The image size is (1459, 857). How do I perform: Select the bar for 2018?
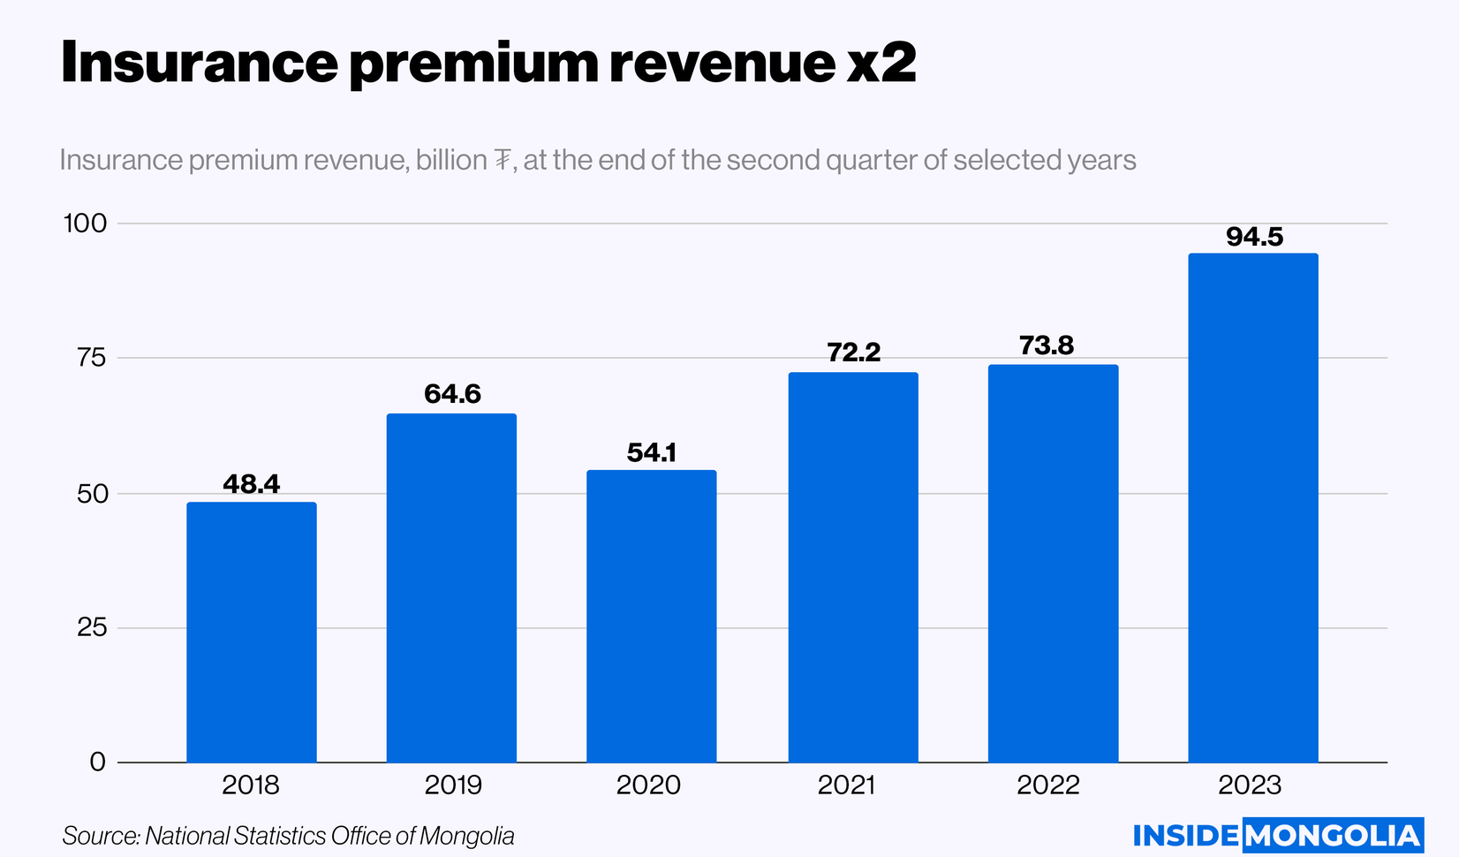(252, 632)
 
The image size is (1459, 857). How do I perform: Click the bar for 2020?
(652, 616)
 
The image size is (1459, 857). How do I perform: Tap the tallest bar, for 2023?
(1253, 508)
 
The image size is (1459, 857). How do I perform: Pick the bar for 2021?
(853, 567)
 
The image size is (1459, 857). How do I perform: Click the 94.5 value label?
(1254, 237)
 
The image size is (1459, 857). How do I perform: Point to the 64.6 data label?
(452, 394)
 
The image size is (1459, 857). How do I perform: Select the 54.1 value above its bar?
(652, 452)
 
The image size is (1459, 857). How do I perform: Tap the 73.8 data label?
(1047, 345)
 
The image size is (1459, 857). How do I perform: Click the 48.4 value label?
(252, 484)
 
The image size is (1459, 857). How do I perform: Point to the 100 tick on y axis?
(85, 224)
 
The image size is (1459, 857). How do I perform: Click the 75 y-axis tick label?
(91, 358)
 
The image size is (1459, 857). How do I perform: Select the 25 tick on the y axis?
(92, 628)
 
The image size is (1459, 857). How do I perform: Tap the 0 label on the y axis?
(98, 762)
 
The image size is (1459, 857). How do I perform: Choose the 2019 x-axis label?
(453, 785)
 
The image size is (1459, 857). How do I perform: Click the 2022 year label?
(1048, 785)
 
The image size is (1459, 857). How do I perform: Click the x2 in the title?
(881, 64)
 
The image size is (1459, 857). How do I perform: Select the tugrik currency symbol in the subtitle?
(502, 160)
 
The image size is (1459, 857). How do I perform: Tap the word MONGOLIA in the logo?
(1334, 836)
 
